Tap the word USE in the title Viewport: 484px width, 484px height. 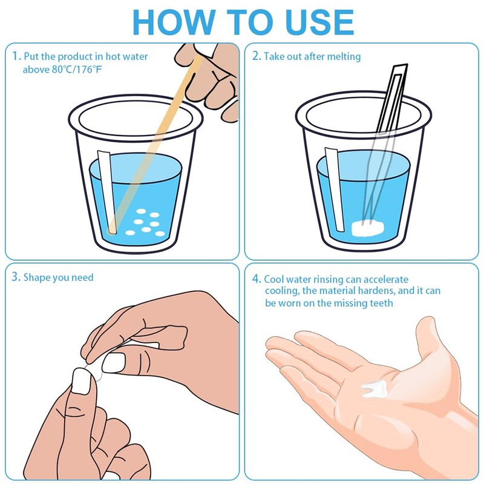(319, 22)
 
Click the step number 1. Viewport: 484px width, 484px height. (16, 56)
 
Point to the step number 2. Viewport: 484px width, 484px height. (257, 56)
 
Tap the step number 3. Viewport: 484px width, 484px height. (16, 277)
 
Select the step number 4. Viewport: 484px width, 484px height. (257, 279)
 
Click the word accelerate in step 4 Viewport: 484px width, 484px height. (386, 280)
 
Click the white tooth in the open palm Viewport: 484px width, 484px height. (374, 388)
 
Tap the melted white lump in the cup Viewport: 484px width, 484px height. (368, 228)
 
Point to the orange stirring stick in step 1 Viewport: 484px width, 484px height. (154, 143)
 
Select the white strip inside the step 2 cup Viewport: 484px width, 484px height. (335, 189)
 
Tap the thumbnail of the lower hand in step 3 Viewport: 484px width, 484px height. (81, 382)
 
